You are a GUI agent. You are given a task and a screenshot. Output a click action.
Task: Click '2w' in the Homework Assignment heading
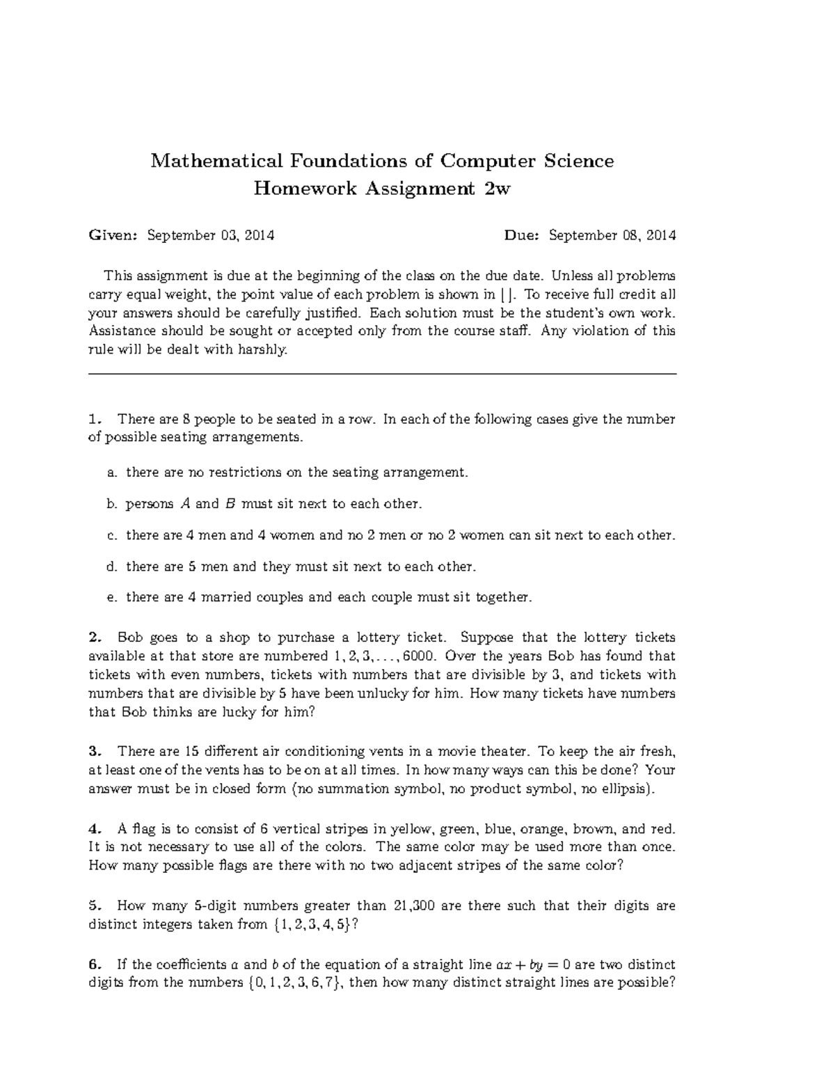[x=497, y=189]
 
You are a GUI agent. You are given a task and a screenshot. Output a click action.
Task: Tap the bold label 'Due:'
[x=522, y=235]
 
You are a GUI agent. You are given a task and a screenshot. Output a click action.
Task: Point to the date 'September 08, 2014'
[x=612, y=235]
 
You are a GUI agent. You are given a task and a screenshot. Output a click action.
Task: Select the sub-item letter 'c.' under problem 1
[x=111, y=535]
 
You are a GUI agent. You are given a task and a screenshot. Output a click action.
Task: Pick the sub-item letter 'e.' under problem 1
[x=111, y=597]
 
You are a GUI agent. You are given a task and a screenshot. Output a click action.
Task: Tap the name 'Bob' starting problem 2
[x=129, y=638]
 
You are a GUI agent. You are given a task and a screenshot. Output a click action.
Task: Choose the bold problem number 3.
[x=96, y=751]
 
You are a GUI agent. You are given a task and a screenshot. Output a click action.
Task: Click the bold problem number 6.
[x=96, y=965]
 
